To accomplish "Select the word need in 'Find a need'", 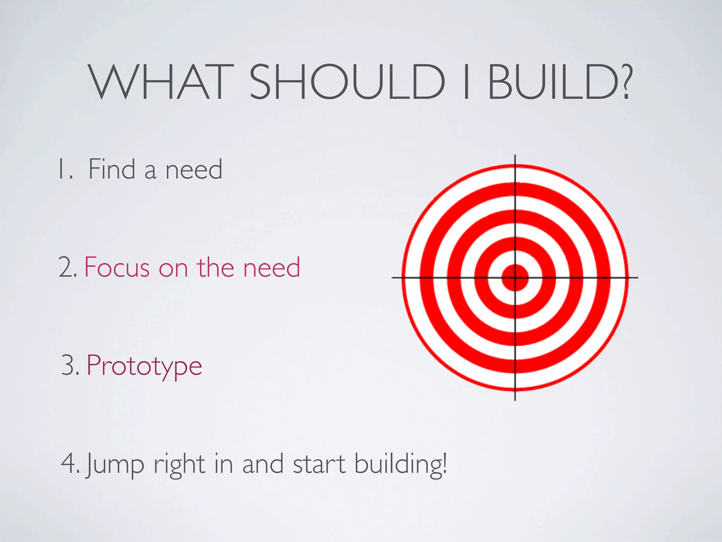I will (194, 169).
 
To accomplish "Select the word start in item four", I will (319, 464).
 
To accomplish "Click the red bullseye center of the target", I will (515, 278).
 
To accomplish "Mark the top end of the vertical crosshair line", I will (515, 156).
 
